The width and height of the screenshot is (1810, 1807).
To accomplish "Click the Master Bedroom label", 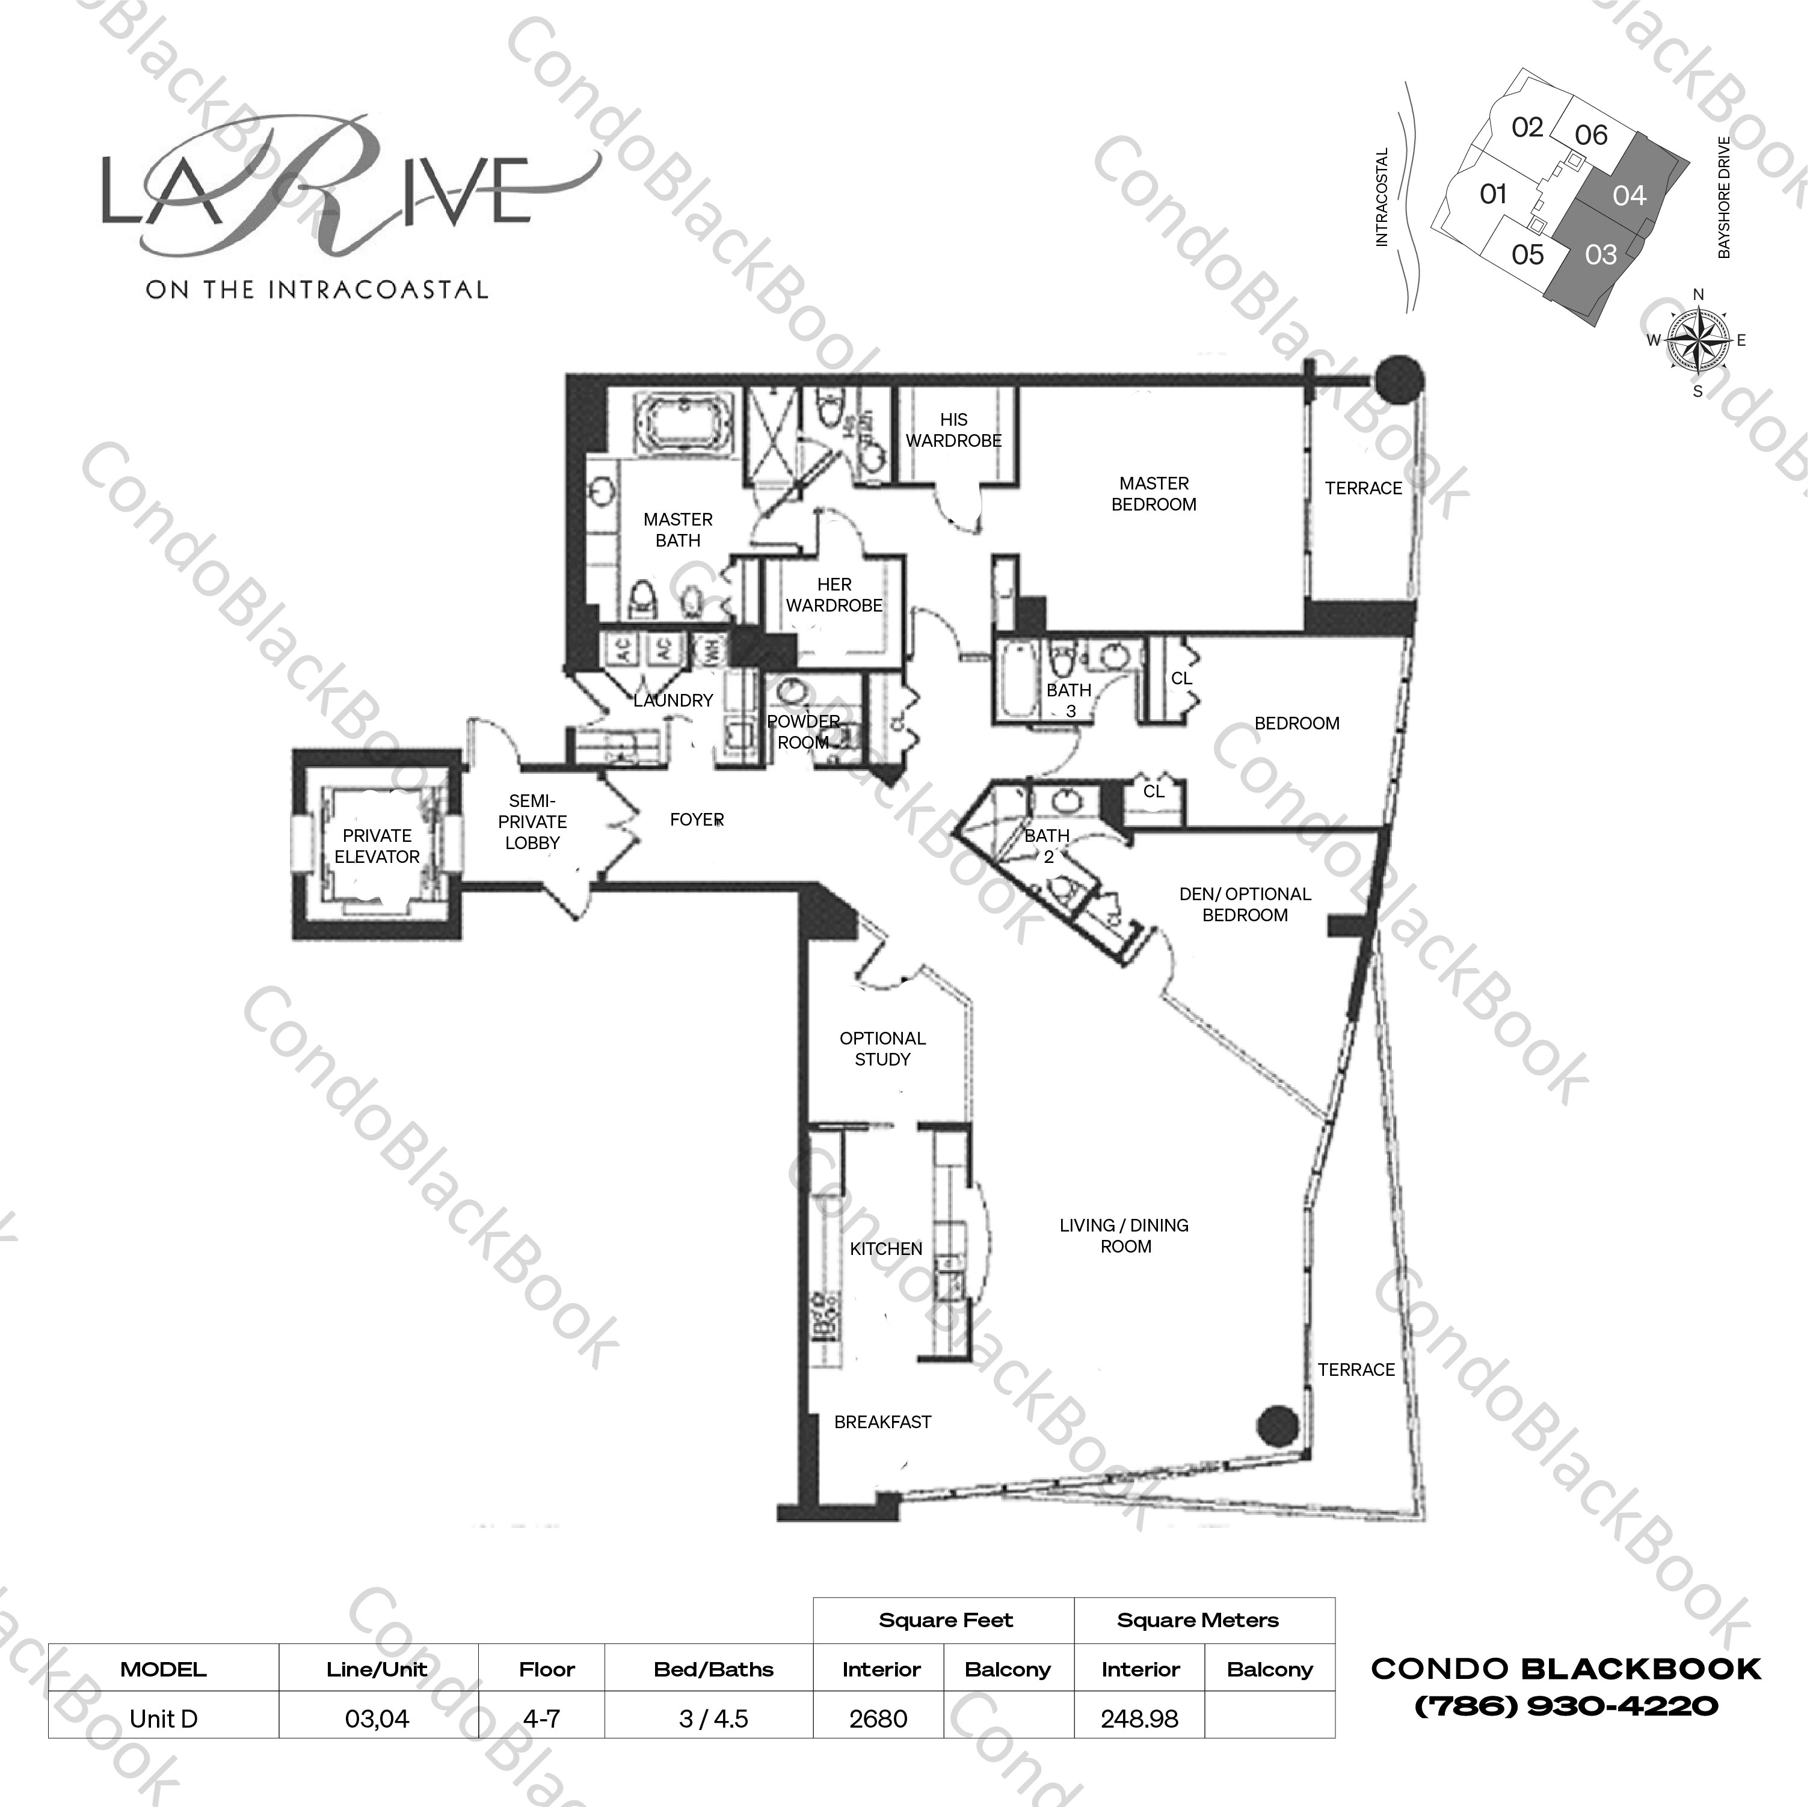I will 1153,494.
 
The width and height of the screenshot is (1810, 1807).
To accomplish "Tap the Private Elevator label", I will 377,846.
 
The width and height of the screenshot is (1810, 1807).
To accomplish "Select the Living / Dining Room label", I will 1124,1236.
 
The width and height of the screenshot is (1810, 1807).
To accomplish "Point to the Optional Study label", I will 882,1048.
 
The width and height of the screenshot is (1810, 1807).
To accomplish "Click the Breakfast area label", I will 882,1422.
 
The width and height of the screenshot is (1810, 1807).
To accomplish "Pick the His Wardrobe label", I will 953,430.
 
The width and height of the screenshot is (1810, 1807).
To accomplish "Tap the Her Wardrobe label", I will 834,595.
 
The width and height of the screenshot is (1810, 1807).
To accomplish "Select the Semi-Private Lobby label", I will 532,821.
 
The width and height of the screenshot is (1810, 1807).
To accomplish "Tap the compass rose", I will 1698,340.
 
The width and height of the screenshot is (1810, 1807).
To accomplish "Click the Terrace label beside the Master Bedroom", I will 1363,488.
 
